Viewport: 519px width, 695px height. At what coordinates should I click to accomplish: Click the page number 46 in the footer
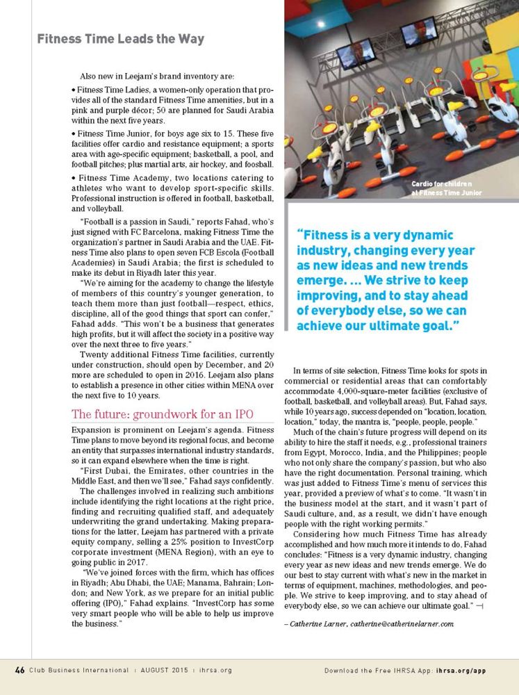click(x=20, y=670)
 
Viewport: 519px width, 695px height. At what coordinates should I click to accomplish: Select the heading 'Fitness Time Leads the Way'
click(x=120, y=39)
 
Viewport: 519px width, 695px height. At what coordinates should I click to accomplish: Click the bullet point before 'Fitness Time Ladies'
click(x=74, y=90)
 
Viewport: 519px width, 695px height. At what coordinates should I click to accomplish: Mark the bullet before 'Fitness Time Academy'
click(x=74, y=178)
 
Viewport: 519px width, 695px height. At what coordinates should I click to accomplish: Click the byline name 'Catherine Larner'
click(x=318, y=623)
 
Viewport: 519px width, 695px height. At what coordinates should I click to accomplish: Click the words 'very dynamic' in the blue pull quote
click(x=416, y=235)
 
